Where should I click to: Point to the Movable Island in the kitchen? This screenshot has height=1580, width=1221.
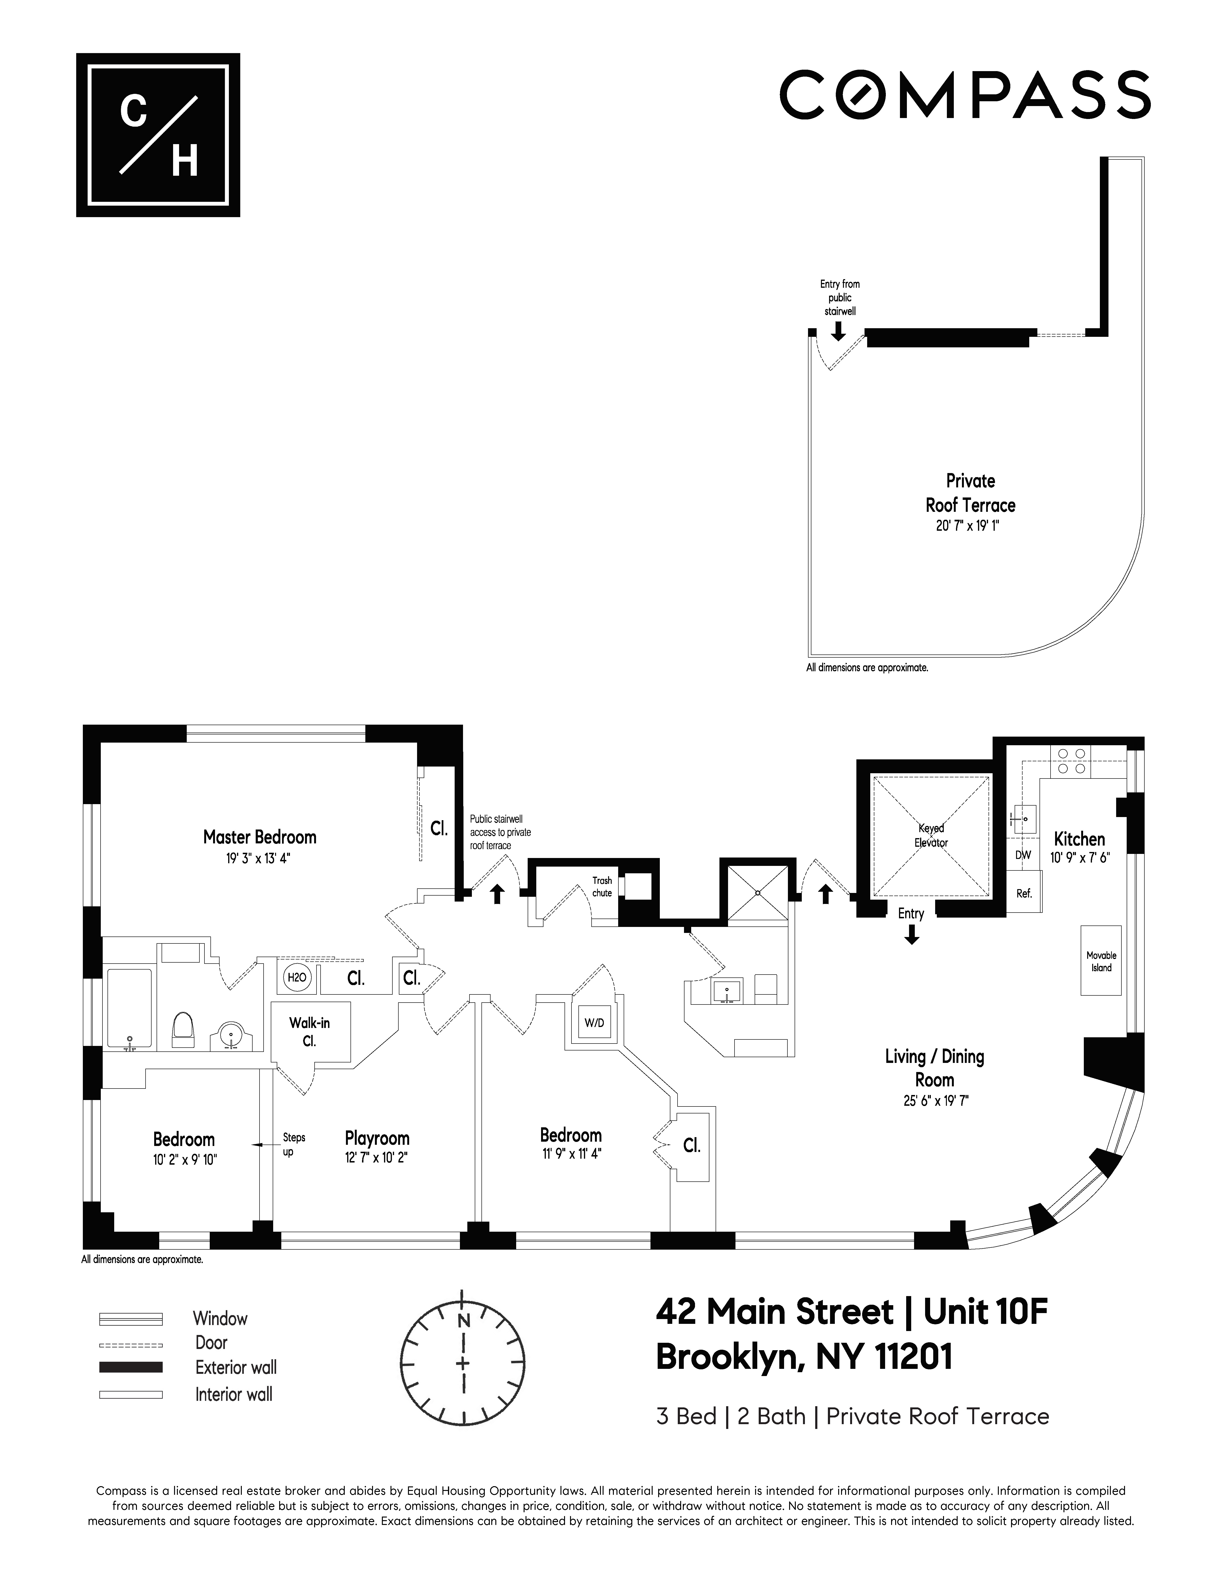click(x=1101, y=961)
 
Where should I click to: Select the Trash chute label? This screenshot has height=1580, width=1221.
click(x=602, y=887)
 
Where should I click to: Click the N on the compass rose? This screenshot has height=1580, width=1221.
click(x=463, y=1320)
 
